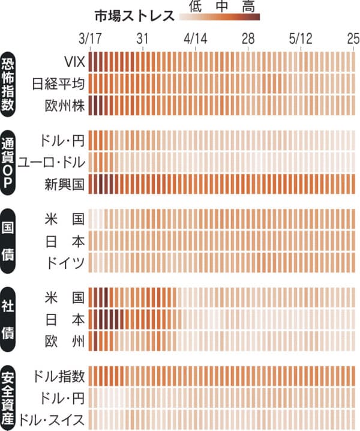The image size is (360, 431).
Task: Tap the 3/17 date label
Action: [90, 39]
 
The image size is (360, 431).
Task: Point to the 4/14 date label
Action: [195, 39]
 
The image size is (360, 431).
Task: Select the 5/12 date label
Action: [301, 39]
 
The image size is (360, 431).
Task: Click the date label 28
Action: [248, 39]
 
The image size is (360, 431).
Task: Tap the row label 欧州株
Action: [65, 105]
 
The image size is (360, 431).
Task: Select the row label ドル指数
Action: [60, 376]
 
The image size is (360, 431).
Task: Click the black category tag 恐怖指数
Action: [10, 83]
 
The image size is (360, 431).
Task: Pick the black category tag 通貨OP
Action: [10, 161]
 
